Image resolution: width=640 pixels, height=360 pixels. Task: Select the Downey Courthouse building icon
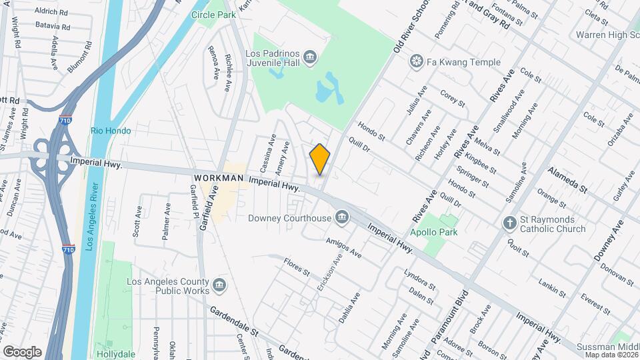click(343, 217)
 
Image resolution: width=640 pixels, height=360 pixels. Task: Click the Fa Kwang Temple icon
click(417, 63)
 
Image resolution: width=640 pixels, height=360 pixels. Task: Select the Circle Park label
click(213, 14)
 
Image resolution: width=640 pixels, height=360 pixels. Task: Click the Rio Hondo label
click(111, 131)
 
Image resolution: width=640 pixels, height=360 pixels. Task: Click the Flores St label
click(297, 267)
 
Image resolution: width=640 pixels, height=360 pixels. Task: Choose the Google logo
click(22, 351)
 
